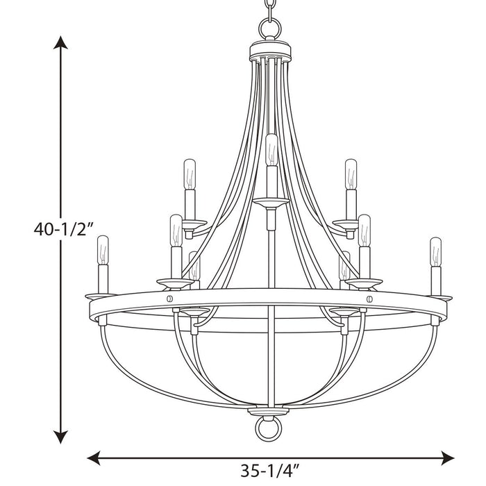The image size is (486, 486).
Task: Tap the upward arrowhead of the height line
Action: click(62, 43)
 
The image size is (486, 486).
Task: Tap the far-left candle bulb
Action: click(103, 251)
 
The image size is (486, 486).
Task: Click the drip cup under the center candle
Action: click(271, 202)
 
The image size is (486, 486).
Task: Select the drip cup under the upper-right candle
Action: click(348, 224)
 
